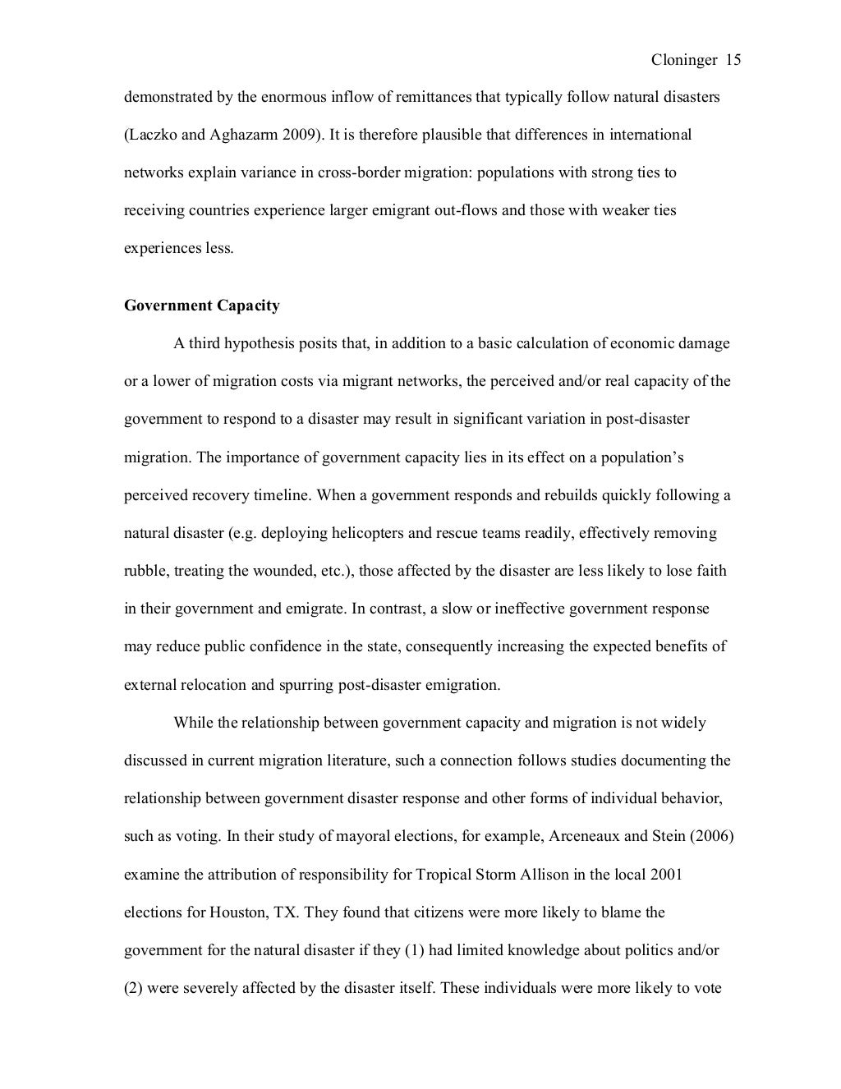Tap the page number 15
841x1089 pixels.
[733, 60]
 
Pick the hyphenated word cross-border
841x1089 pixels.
[356, 172]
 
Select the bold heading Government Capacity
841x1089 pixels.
[201, 306]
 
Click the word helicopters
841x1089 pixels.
[368, 533]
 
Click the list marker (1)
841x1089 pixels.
[413, 950]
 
